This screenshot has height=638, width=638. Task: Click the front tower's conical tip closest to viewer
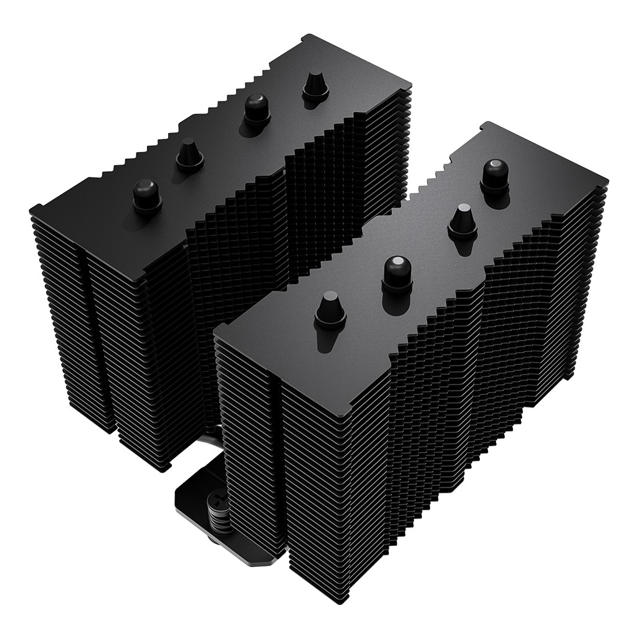tap(330, 309)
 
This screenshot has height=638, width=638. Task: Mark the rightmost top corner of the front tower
tap(606, 181)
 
